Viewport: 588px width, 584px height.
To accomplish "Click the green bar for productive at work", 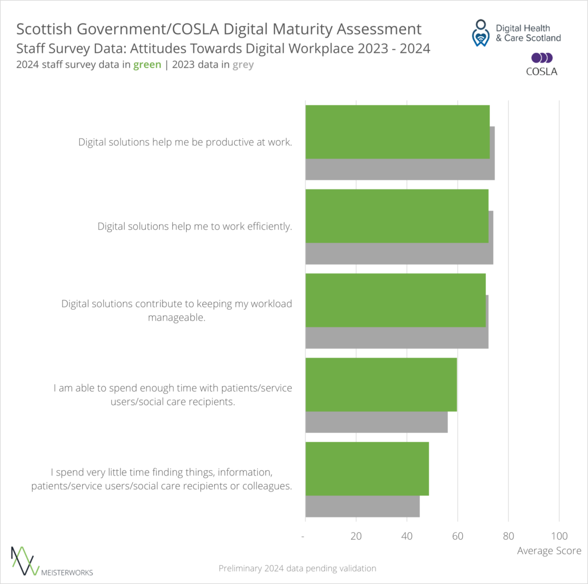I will click(x=397, y=132).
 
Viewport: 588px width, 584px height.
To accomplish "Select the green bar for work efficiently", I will click(x=397, y=216).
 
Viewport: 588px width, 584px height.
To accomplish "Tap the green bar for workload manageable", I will click(x=395, y=300).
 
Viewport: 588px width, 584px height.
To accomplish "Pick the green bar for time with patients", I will click(x=381, y=384).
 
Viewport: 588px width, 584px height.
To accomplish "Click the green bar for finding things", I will click(x=367, y=469).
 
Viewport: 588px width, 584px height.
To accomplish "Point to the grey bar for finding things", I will click(x=362, y=506).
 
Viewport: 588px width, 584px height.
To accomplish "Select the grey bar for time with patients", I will click(x=376, y=423).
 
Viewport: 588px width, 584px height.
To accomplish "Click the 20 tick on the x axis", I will click(x=356, y=536).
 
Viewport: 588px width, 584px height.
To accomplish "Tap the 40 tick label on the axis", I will click(x=407, y=536).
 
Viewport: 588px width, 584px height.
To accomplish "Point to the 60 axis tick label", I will click(x=457, y=536).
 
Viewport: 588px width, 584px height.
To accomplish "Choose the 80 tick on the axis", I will click(x=508, y=536).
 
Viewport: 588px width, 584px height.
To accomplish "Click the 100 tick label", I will click(x=559, y=536).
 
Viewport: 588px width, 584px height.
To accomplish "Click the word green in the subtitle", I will click(x=147, y=65).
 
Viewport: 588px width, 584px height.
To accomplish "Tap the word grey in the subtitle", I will click(x=243, y=65).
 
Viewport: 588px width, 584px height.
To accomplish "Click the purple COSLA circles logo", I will click(x=541, y=58).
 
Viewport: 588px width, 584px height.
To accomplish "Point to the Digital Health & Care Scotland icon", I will click(x=481, y=33).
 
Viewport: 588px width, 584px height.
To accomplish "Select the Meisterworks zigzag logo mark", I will click(x=25, y=560).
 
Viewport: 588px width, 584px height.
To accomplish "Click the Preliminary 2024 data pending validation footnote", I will click(x=297, y=568).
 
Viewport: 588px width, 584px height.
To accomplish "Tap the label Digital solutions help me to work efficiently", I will click(x=195, y=226).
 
